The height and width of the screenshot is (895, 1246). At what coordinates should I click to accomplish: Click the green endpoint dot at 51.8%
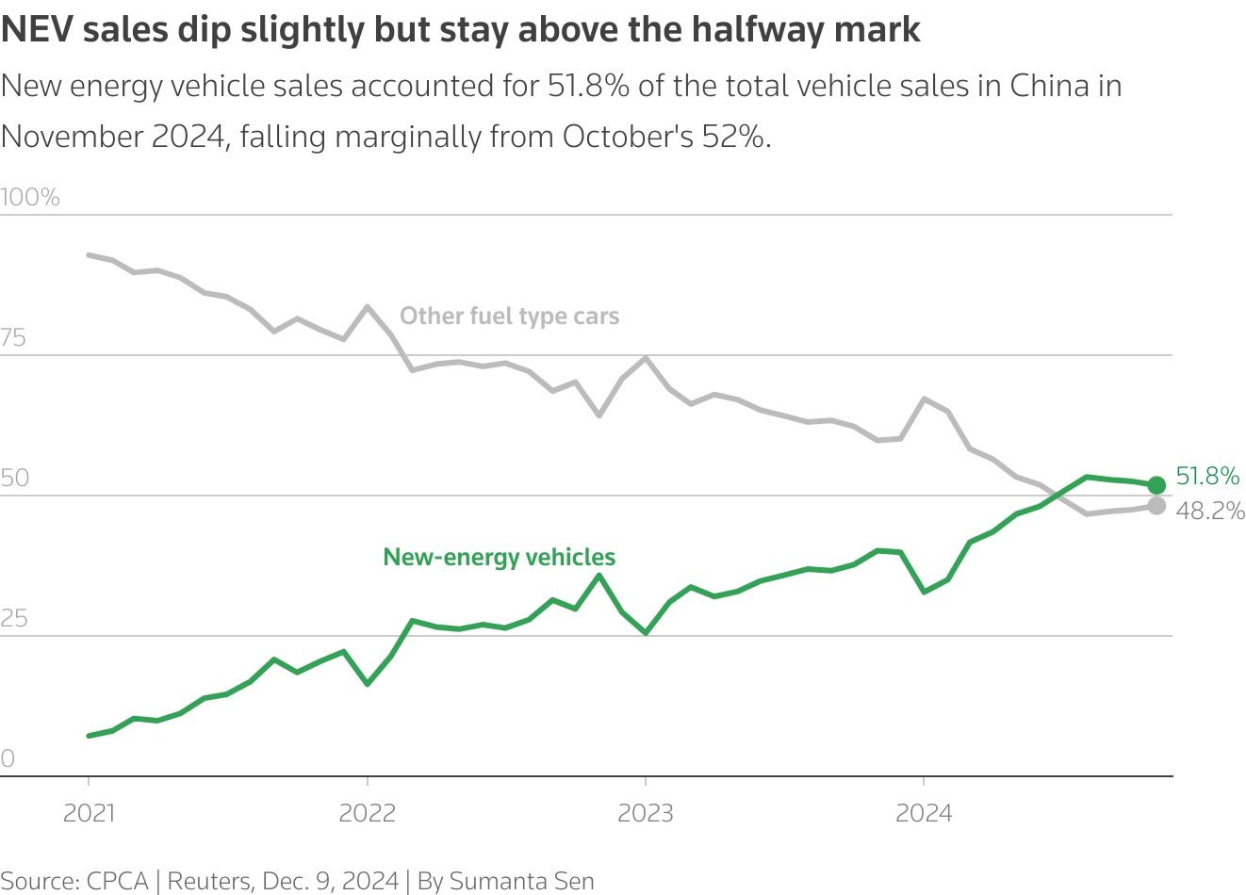coord(1156,485)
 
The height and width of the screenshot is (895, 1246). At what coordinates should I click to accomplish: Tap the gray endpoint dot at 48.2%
coord(1156,506)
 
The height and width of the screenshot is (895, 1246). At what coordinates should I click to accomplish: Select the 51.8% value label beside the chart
coord(1207,476)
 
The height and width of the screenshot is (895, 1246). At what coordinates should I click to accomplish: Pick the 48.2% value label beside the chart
coord(1210,512)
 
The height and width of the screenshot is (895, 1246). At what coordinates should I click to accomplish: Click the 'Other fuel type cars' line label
coord(509,317)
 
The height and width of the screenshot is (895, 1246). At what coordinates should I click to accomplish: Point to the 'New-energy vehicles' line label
coord(499,558)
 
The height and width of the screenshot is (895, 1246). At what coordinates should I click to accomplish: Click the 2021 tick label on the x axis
coord(89,813)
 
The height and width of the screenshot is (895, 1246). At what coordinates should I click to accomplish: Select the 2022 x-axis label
coord(367,813)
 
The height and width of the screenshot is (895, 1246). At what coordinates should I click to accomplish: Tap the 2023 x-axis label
coord(645,813)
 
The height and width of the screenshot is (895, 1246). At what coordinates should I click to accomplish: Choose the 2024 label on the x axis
coord(924,813)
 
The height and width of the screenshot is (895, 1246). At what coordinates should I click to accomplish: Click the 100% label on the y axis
coord(30,198)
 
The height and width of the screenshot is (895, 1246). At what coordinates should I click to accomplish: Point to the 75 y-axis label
coord(14,338)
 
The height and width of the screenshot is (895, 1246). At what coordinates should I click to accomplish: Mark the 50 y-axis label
coord(15,479)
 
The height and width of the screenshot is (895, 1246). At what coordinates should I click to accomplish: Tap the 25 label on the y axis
coord(14,619)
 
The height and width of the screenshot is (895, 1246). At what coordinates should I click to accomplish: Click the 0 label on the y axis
coord(8,759)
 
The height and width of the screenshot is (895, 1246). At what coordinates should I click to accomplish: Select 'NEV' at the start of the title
coord(37,31)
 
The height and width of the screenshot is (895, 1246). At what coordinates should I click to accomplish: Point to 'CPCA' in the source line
coord(118,882)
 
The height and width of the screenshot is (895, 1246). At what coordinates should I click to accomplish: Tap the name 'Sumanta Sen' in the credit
coord(521,882)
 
